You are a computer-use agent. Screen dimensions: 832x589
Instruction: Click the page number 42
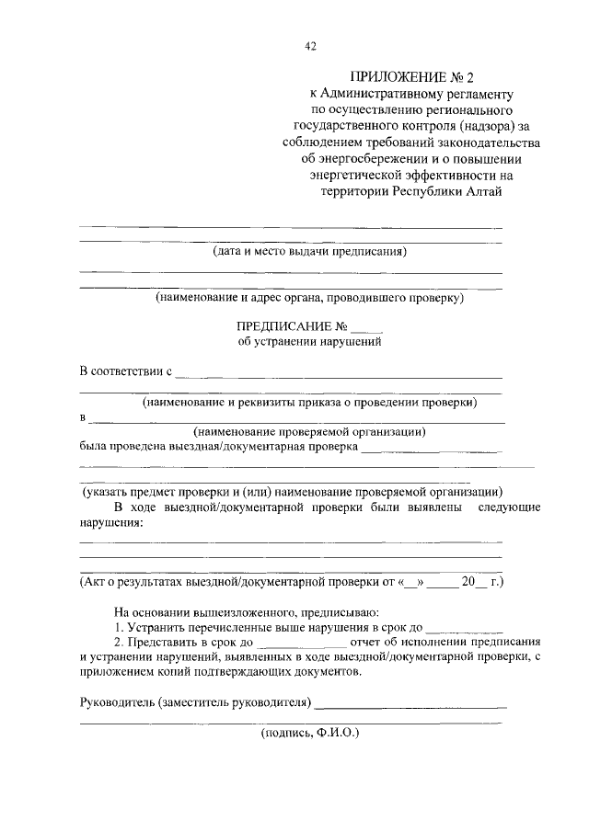point(310,48)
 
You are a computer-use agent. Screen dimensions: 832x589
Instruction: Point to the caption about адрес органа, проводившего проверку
point(308,298)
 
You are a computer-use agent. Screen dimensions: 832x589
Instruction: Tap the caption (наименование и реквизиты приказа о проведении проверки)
point(308,403)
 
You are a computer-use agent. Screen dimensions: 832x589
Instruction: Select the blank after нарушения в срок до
point(465,629)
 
